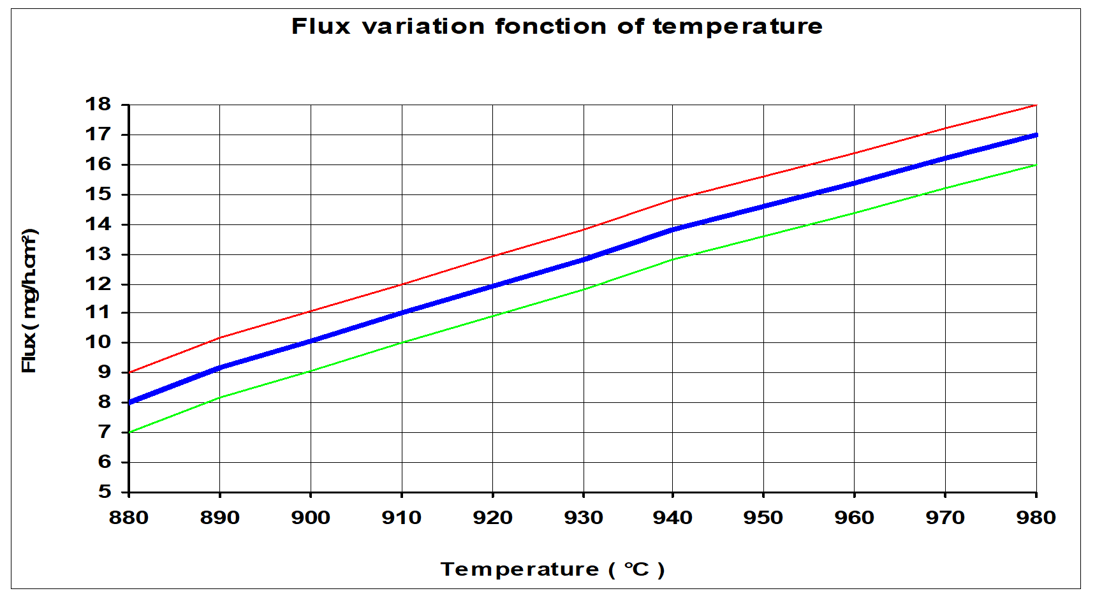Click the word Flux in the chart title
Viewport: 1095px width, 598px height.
(x=321, y=27)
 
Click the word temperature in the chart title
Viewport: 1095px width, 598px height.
(x=737, y=27)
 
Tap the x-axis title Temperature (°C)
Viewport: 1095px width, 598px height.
(x=552, y=569)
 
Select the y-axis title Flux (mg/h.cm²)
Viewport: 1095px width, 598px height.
(x=29, y=301)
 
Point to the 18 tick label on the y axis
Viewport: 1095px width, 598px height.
(x=98, y=104)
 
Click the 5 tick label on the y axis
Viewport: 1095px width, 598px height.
(x=105, y=492)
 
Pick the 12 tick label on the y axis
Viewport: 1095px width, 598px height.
(x=98, y=284)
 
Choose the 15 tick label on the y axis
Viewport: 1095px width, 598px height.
(x=98, y=194)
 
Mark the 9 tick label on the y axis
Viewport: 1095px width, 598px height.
(x=105, y=372)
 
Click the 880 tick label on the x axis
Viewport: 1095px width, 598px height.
(x=129, y=517)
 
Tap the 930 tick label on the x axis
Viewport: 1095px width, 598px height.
(x=584, y=517)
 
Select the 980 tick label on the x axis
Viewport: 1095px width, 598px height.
(x=1036, y=517)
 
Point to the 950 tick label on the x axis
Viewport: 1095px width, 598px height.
(x=763, y=517)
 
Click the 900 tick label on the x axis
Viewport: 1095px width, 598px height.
(x=311, y=517)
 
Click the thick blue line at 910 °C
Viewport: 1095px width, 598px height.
(x=402, y=312)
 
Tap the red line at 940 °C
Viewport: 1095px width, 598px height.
(x=673, y=200)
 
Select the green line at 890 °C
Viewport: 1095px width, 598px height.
(x=220, y=397)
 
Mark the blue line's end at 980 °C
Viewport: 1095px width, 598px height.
(x=1035, y=135)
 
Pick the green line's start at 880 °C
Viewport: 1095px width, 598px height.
(x=130, y=432)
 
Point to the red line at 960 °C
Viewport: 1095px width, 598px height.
(x=854, y=154)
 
